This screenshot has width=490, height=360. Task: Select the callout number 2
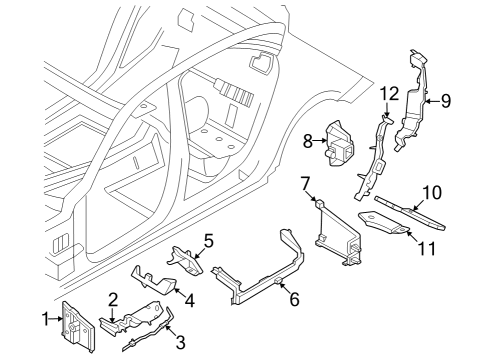[113, 299]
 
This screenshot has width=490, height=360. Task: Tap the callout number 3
[180, 343]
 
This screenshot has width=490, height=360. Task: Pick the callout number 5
[208, 240]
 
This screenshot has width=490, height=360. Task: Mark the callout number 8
[308, 141]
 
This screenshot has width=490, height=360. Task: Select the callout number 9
[446, 99]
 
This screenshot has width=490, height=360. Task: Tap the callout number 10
[431, 190]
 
